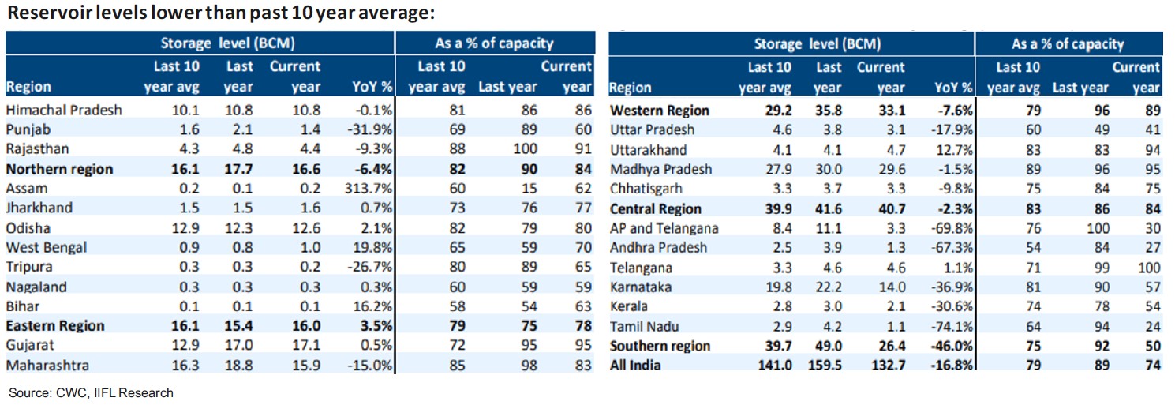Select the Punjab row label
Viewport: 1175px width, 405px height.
[x=28, y=129]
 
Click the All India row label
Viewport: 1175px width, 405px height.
[x=635, y=366]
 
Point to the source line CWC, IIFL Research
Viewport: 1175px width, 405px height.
[x=91, y=392]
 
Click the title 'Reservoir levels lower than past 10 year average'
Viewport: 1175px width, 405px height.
[x=222, y=14]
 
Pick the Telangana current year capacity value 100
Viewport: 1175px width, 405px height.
[x=1148, y=268]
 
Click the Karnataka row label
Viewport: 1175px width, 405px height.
[x=641, y=287]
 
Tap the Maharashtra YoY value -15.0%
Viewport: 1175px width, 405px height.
[x=370, y=366]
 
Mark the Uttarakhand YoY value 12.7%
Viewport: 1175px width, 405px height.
[x=953, y=150]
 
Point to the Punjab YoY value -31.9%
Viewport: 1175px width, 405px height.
[x=370, y=129]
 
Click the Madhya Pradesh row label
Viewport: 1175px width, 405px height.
[x=661, y=169]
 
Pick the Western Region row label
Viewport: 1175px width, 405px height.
[x=660, y=111]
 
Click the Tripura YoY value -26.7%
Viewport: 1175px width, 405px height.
[x=370, y=268]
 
